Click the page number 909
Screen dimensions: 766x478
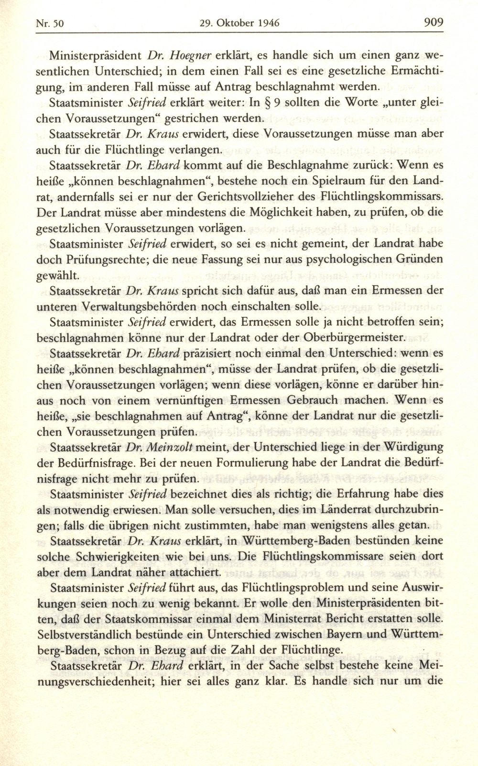click(x=433, y=22)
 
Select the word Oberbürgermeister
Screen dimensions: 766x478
click(x=350, y=337)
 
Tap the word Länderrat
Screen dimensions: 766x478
click(x=313, y=509)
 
